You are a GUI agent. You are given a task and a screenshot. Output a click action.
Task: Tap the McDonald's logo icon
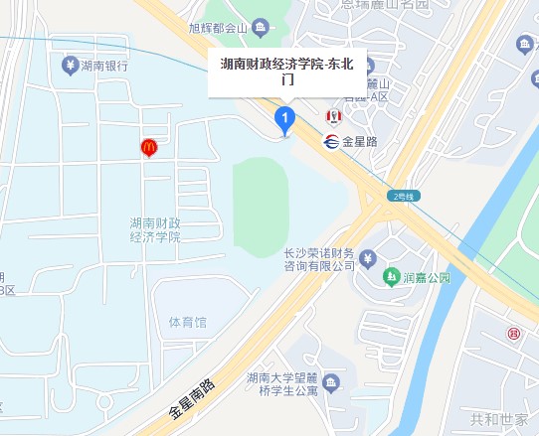click(148, 148)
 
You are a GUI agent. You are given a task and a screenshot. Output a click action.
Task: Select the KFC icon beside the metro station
click(332, 118)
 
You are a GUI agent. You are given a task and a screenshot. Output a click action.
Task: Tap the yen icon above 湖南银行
click(70, 66)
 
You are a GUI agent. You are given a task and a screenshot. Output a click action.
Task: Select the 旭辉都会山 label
click(218, 27)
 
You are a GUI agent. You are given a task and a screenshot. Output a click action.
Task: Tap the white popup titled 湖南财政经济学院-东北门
click(286, 72)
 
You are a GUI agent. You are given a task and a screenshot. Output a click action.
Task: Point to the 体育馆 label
click(187, 323)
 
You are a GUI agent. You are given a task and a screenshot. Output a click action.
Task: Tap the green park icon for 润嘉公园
click(392, 276)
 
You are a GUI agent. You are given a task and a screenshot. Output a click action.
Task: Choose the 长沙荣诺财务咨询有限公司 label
click(315, 258)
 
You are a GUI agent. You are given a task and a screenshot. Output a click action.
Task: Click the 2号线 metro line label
click(406, 195)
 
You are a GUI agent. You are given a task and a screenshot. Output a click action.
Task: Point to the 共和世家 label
click(499, 419)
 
